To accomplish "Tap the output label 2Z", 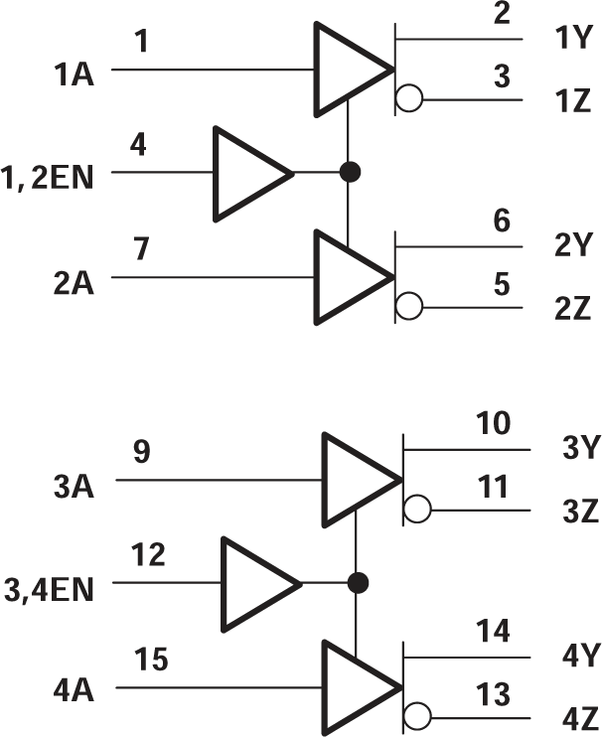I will point(572,309).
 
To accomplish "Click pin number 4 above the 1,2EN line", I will point(139,145).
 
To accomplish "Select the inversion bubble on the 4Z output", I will point(418,716).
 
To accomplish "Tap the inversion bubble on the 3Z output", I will point(418,510).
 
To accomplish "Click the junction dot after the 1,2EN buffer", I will point(349,172).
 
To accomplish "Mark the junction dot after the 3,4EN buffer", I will point(358,581).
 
